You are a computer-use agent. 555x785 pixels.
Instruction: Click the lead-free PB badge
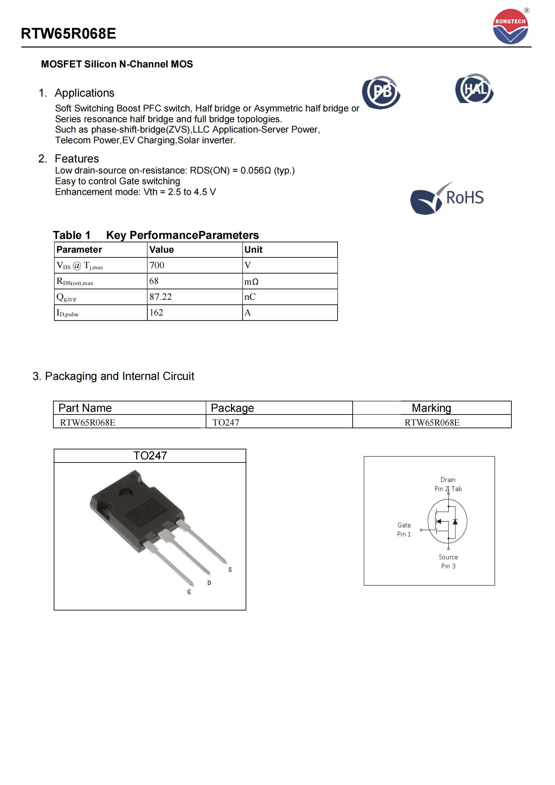[381, 92]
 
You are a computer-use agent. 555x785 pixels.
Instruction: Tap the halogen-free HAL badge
[474, 89]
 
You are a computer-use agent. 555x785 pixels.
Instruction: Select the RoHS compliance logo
[447, 198]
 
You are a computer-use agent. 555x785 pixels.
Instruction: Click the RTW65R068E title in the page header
[68, 34]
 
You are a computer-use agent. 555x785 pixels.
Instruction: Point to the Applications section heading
[84, 93]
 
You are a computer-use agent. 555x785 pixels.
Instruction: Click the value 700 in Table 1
[157, 265]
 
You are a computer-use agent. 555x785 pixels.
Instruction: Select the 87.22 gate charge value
[161, 297]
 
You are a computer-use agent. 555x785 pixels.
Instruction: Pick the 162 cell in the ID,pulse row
[156, 312]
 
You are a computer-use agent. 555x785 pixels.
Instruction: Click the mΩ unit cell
[251, 281]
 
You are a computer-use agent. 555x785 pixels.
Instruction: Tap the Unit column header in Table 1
[253, 250]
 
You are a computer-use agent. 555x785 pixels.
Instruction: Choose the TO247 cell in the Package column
[225, 423]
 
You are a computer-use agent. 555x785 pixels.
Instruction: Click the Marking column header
[431, 408]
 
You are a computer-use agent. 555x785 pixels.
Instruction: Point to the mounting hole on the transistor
[125, 494]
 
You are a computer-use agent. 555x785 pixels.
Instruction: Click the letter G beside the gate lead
[189, 592]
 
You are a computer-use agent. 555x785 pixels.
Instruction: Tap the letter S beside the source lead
[230, 570]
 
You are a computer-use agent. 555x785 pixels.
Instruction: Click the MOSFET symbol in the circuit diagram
[447, 522]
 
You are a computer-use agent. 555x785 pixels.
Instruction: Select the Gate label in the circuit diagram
[404, 525]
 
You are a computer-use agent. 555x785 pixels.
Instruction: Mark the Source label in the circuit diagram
[448, 557]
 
